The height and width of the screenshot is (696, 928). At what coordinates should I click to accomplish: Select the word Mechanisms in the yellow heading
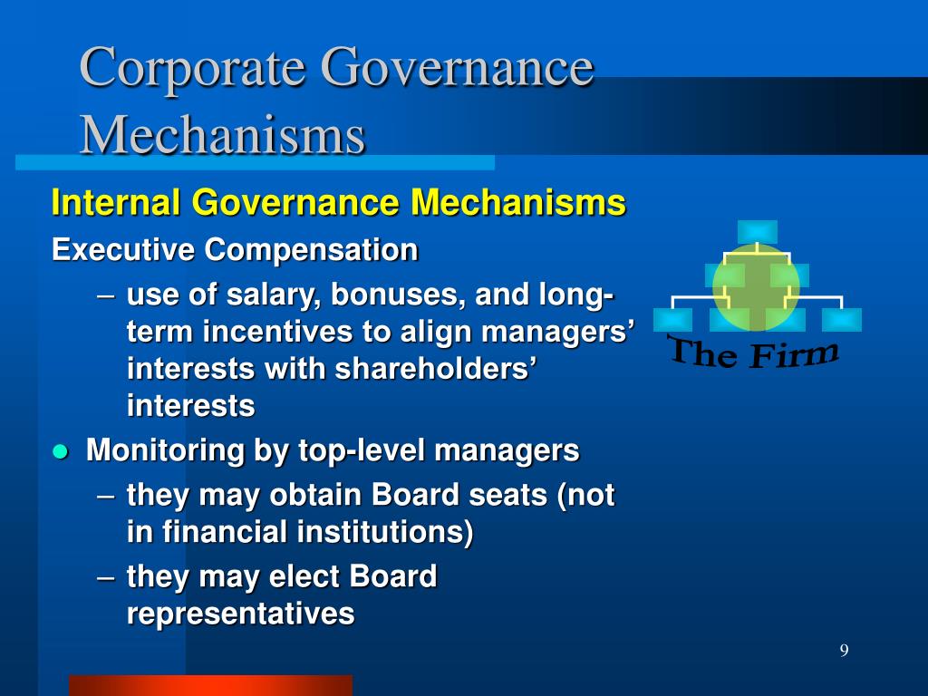click(518, 202)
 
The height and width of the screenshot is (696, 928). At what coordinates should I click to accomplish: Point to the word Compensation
click(312, 250)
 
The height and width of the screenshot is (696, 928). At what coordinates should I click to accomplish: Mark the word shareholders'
click(436, 368)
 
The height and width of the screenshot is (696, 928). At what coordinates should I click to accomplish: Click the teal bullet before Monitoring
click(61, 452)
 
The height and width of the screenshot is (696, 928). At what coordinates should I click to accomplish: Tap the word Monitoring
click(165, 451)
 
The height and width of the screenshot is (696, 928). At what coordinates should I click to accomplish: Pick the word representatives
click(241, 614)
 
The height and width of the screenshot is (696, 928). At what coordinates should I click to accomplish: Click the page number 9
click(844, 650)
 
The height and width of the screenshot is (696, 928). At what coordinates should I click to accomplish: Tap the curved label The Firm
click(754, 352)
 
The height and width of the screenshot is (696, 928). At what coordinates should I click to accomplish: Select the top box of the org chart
click(757, 231)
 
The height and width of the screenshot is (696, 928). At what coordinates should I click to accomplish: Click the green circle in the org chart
click(757, 287)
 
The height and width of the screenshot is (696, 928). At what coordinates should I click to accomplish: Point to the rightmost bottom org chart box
click(842, 320)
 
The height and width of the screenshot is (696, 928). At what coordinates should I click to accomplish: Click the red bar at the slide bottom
click(210, 685)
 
